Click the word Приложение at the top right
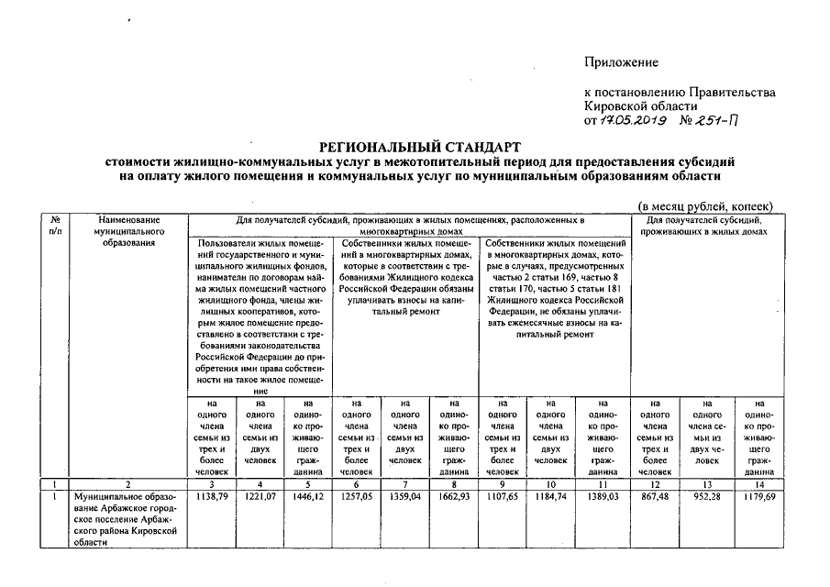pos(622,61)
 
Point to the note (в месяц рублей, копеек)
pos(705,206)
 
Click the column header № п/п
pos(56,226)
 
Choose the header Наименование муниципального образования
pos(127,231)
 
